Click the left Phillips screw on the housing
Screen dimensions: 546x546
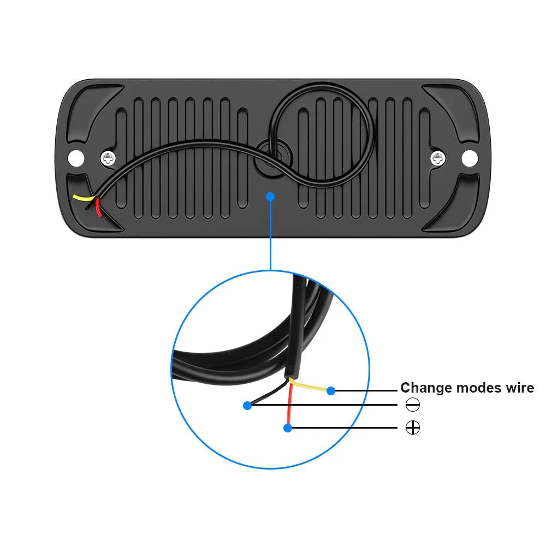coord(108,159)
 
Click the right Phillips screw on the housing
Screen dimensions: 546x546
coord(437,159)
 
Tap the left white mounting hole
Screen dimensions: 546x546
coord(76,158)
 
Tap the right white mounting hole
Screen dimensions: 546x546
coord(470,158)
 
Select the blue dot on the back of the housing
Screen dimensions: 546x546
coord(270,197)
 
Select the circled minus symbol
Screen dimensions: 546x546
coord(413,405)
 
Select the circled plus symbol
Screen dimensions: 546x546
coord(413,428)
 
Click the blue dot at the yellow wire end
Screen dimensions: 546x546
coord(331,391)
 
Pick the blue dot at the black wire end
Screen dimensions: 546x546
coord(247,405)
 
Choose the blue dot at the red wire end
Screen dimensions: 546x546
coord(288,428)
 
